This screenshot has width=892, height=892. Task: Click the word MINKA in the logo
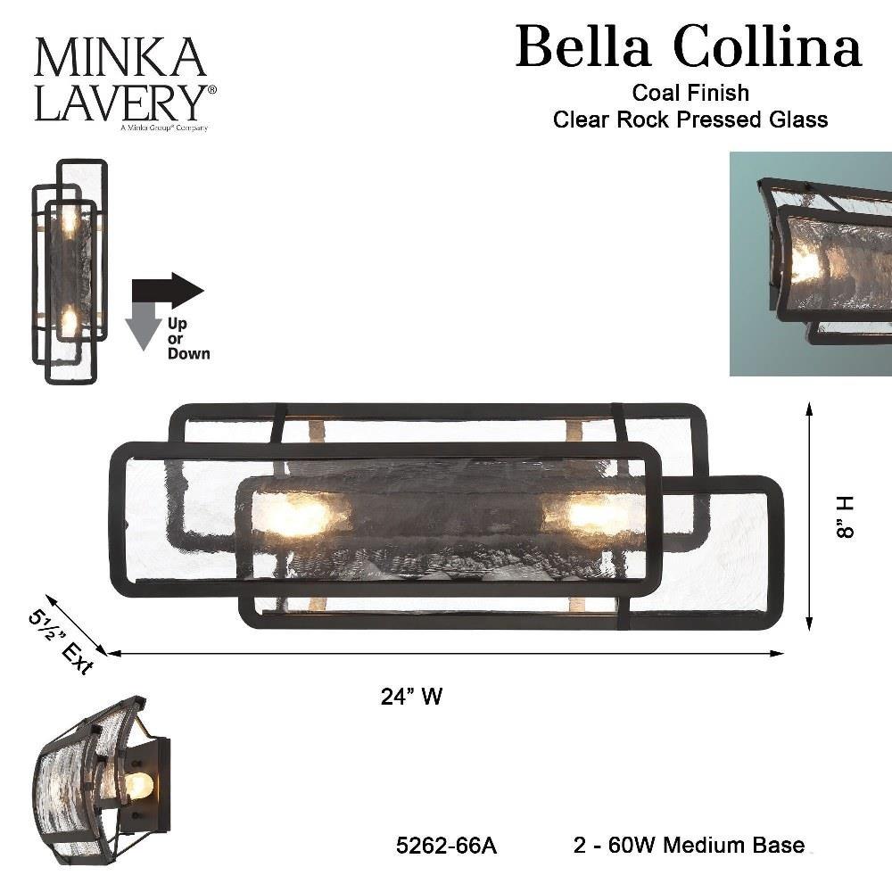pyautogui.click(x=120, y=57)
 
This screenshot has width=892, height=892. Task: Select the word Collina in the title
pyautogui.click(x=768, y=46)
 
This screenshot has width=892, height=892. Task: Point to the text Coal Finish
pyautogui.click(x=690, y=93)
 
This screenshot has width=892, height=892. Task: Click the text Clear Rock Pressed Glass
pyautogui.click(x=690, y=120)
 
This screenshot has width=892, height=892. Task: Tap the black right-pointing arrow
pyautogui.click(x=168, y=289)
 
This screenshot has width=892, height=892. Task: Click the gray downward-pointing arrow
pyautogui.click(x=145, y=326)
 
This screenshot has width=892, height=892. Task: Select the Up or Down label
pyautogui.click(x=188, y=339)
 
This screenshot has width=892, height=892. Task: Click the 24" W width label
pyautogui.click(x=411, y=697)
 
